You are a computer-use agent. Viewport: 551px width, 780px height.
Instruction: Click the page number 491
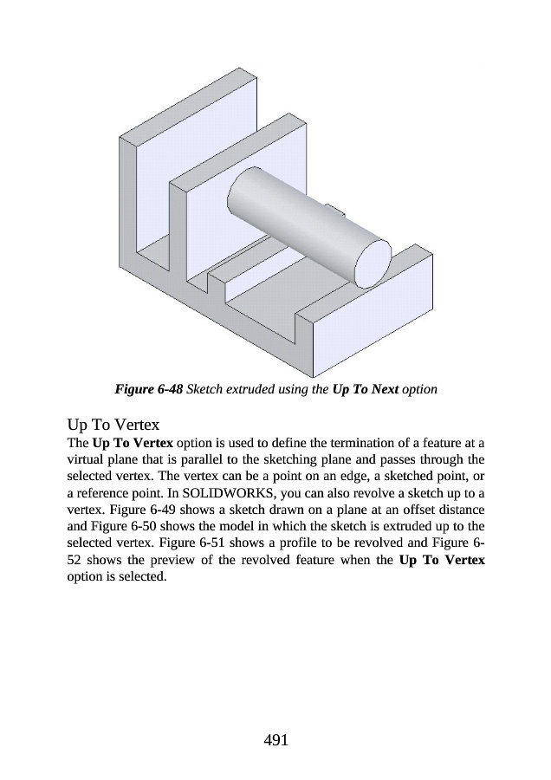click(275, 739)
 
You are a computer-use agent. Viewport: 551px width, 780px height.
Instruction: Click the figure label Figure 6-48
click(148, 389)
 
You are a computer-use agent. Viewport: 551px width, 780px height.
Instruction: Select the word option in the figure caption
click(419, 389)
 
